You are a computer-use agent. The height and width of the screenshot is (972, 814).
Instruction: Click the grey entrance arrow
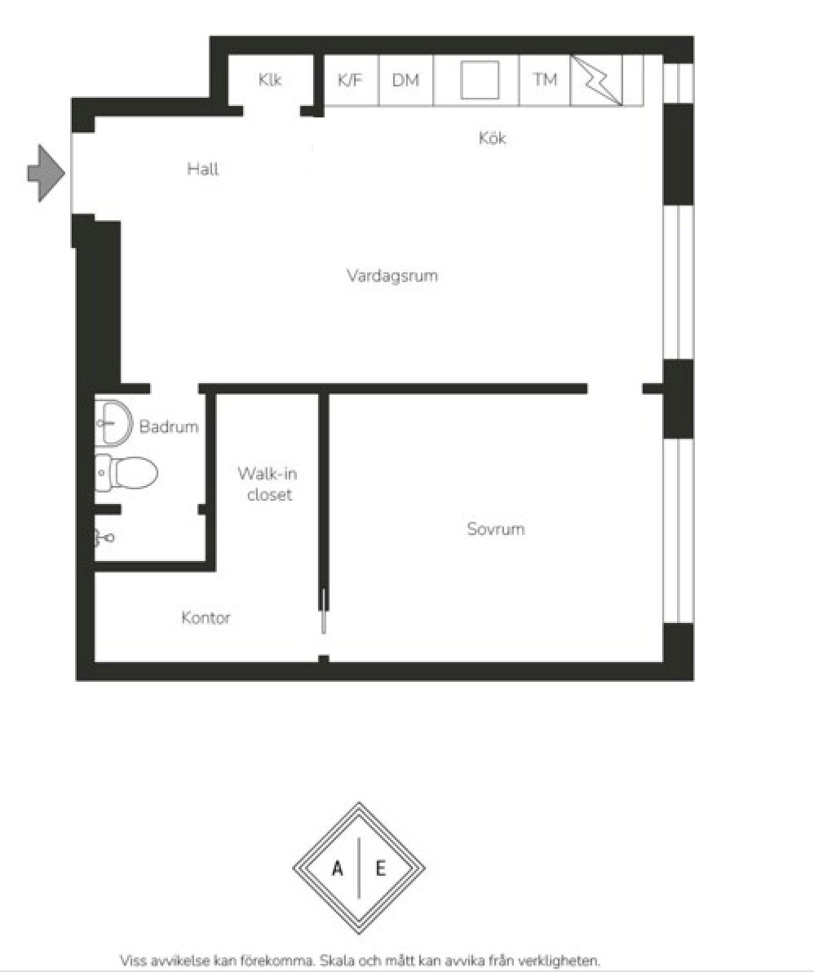[46, 173]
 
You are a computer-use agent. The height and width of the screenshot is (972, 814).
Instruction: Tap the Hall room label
[203, 169]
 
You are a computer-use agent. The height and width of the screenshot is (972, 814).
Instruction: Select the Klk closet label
[270, 79]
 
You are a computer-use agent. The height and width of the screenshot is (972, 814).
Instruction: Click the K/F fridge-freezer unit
[351, 80]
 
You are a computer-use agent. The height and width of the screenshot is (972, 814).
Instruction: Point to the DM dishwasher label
[405, 80]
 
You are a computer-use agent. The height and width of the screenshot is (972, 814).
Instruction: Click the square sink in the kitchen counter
[480, 80]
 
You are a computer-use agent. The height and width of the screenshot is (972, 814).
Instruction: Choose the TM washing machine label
[545, 79]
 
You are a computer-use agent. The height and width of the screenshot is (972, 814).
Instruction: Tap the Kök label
[493, 138]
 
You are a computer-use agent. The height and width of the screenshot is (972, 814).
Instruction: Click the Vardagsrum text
[392, 276]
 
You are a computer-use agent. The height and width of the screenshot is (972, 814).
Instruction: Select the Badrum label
[169, 426]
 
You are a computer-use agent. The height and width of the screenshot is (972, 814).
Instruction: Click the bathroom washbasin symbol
[113, 423]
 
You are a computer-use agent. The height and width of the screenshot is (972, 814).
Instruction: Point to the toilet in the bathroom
[126, 473]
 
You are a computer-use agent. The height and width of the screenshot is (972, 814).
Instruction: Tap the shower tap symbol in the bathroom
[104, 537]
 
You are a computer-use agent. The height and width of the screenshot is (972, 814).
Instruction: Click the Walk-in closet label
[268, 484]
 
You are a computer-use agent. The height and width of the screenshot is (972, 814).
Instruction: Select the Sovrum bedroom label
[496, 528]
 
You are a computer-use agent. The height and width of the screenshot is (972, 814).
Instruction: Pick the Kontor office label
[206, 617]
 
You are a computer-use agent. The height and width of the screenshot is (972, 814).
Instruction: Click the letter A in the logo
[337, 868]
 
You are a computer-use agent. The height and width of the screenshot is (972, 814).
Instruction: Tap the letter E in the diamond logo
[381, 868]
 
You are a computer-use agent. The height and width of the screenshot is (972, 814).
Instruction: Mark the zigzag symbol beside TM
[595, 80]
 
